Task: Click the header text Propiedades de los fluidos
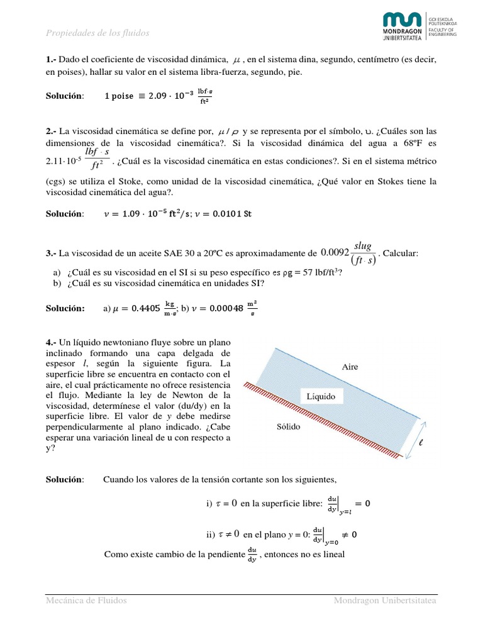[98, 33]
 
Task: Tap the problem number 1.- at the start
[52, 60]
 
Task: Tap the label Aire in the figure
[350, 367]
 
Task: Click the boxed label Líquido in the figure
[321, 396]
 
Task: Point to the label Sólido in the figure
[289, 426]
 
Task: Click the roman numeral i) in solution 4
[209, 503]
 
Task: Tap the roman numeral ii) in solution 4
[210, 535]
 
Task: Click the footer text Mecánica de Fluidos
[86, 601]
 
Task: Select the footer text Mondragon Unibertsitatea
[385, 601]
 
